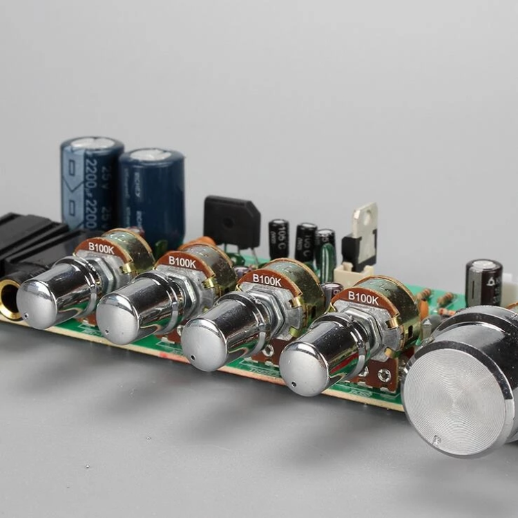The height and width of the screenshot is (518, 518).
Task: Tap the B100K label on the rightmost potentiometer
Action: pos(362,297)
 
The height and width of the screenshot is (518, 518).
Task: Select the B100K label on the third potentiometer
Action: pos(266,280)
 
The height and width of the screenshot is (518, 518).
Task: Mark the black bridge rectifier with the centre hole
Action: pos(231,221)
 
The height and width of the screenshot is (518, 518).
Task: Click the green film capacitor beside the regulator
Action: pos(327,259)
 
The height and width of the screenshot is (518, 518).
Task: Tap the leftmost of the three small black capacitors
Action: pos(279,239)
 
